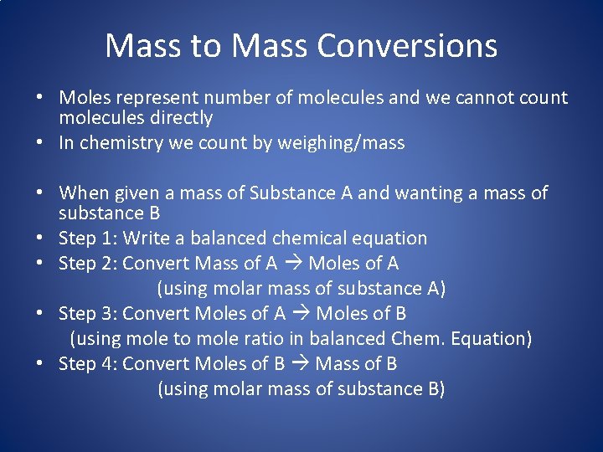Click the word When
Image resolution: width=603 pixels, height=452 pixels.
pyautogui.click(x=83, y=193)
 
